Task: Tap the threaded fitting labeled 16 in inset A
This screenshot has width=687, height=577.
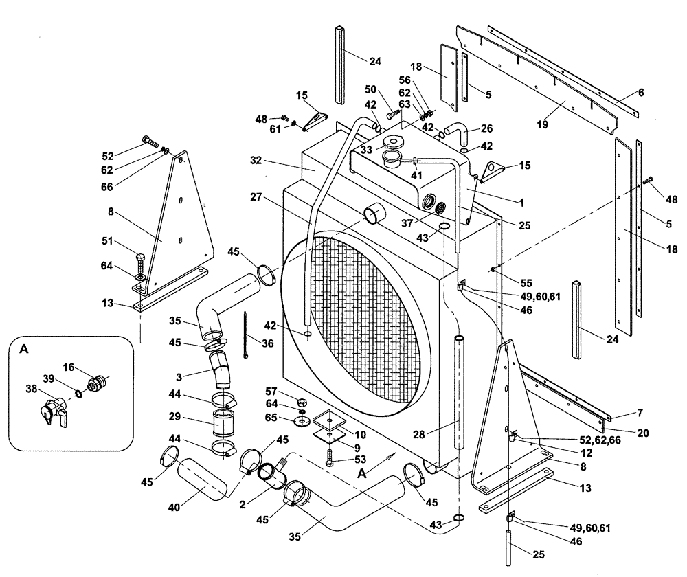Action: click(97, 380)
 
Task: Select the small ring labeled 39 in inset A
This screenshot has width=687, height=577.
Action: click(78, 394)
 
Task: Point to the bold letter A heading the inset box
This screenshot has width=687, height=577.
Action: click(25, 349)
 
